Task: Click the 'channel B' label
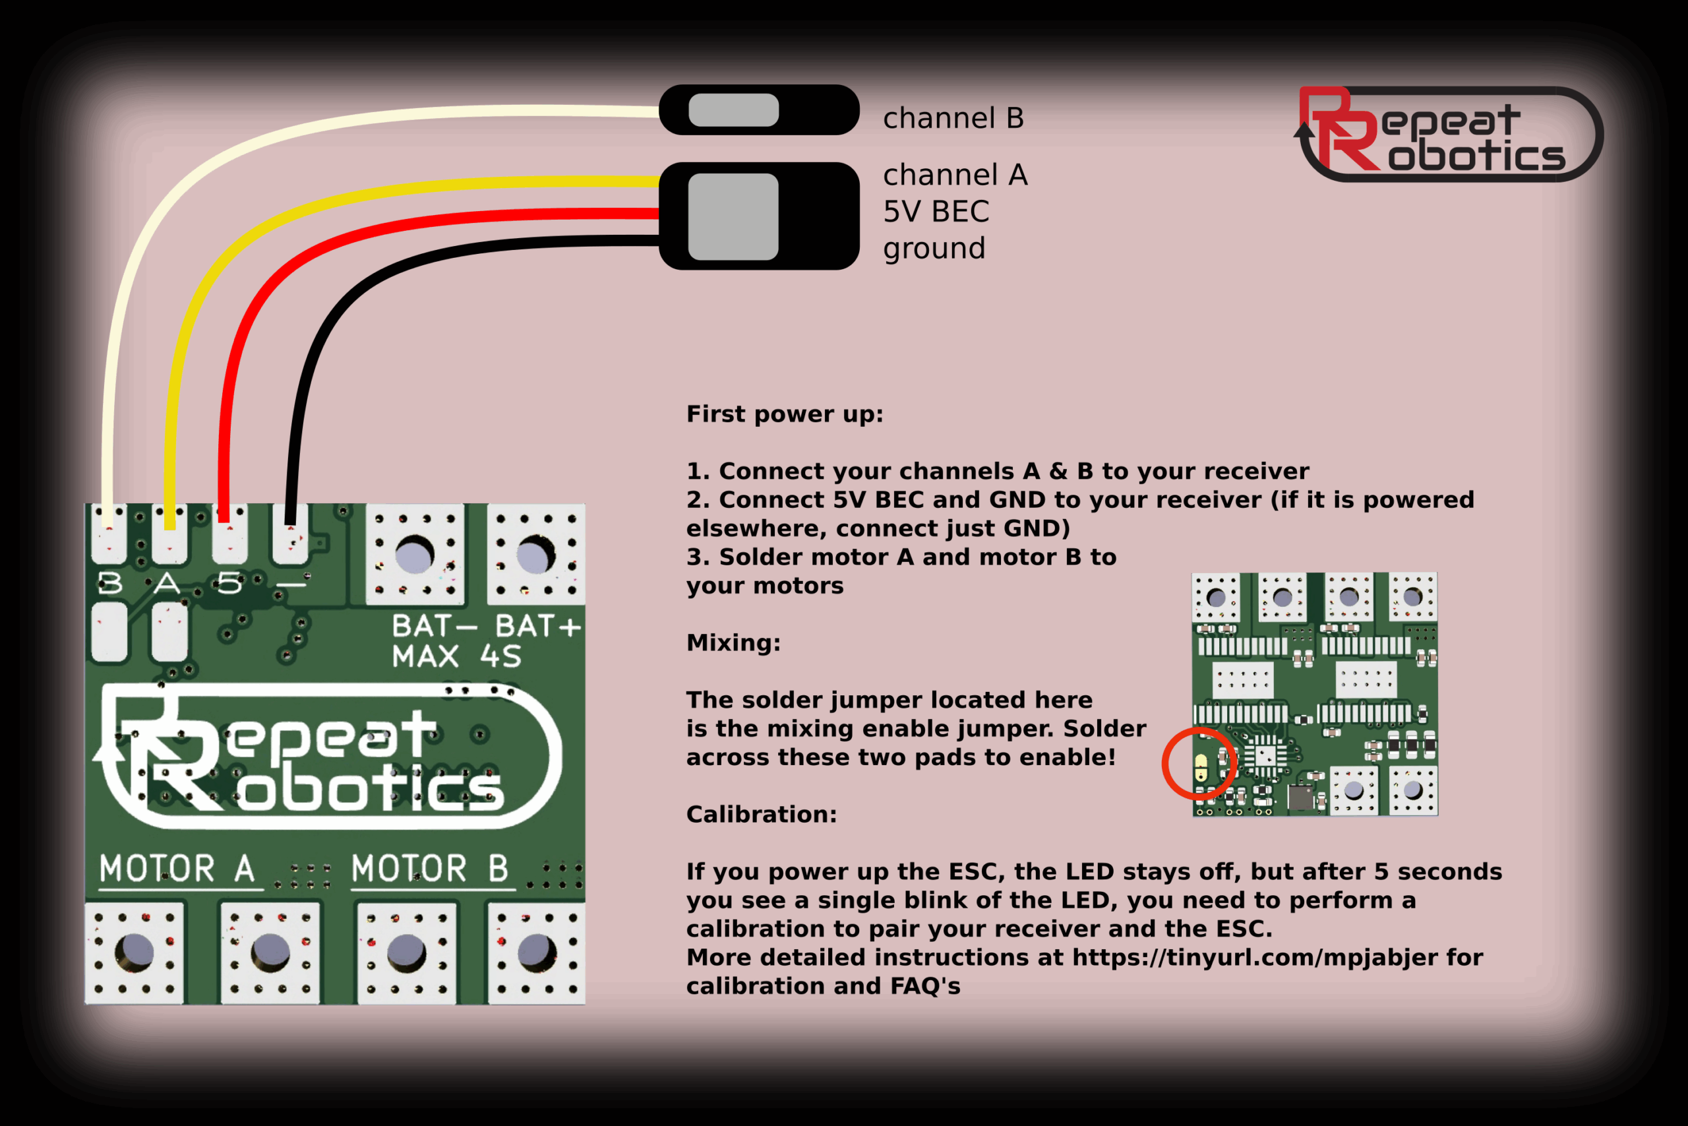tap(953, 119)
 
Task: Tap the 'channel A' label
tap(955, 175)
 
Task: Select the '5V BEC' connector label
tap(936, 212)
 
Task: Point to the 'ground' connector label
tap(934, 249)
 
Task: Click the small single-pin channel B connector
tap(758, 110)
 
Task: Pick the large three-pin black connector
tap(758, 216)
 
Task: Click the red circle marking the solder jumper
tap(1199, 763)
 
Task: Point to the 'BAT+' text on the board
tap(537, 626)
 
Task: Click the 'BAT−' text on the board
tap(433, 626)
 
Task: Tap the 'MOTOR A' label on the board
tap(177, 869)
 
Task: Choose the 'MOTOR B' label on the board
tap(430, 869)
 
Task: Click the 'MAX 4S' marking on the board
tap(456, 656)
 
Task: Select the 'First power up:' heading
tap(785, 414)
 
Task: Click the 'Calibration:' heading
tap(762, 815)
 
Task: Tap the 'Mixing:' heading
tap(733, 642)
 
